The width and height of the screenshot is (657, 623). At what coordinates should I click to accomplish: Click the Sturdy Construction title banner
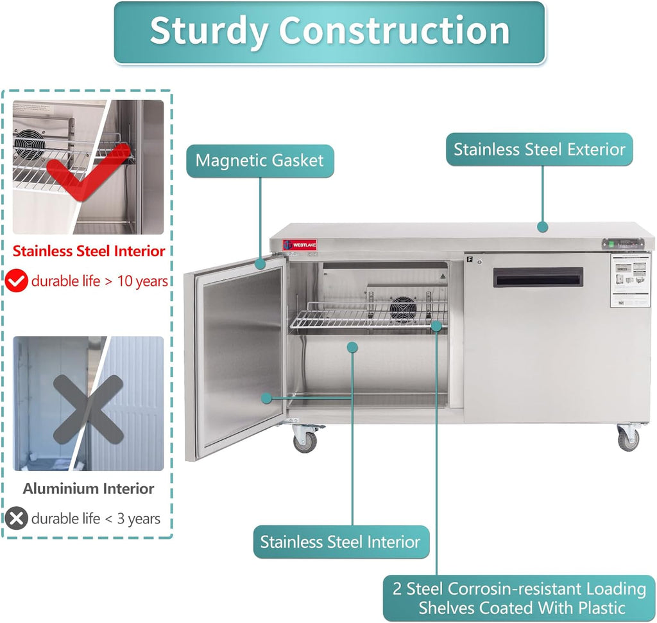point(329,32)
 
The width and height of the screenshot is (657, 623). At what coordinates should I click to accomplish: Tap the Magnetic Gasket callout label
point(260,160)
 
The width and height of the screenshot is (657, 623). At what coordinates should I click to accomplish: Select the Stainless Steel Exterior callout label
point(539,150)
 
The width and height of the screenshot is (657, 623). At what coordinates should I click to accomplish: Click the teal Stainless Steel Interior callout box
point(340,541)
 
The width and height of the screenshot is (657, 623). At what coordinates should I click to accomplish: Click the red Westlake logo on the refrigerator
point(299,245)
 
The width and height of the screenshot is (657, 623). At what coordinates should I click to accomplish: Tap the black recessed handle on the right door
point(538,277)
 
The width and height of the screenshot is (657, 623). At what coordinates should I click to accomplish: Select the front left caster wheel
point(305,441)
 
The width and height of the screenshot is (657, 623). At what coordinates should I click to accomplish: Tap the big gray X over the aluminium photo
point(88,409)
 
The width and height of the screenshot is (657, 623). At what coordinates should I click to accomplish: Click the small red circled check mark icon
point(17,281)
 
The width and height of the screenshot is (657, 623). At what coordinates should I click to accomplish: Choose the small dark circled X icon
point(16,518)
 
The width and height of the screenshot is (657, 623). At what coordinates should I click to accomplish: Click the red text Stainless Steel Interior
point(89,251)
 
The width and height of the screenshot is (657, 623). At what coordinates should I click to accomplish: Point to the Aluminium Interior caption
point(89,489)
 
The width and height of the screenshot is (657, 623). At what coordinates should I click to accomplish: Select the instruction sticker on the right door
point(629,280)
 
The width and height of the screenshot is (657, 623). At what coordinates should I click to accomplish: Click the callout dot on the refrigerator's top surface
point(542,226)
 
